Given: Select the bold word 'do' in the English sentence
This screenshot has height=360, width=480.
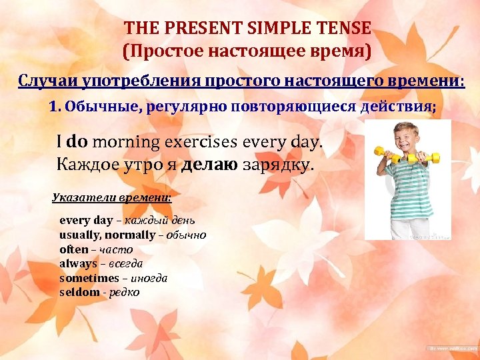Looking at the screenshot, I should [x=78, y=141].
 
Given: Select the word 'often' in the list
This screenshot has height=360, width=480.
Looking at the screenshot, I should [x=73, y=249].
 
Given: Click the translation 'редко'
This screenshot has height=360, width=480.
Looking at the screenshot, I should [x=125, y=293].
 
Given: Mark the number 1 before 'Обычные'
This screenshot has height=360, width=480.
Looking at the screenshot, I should [x=54, y=106].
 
